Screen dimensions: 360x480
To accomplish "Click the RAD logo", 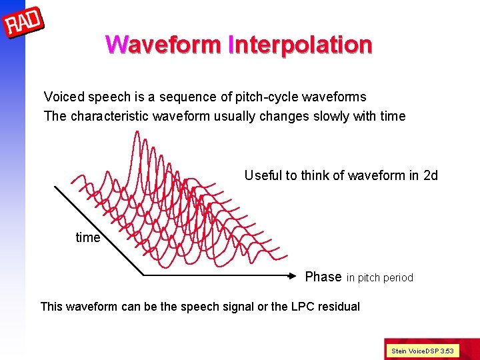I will coord(23,23).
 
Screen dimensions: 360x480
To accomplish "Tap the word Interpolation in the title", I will coord(300,45).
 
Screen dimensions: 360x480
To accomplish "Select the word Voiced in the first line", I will coord(63,97).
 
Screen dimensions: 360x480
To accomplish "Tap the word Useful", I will coord(263,175).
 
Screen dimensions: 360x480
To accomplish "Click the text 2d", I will coord(431,175).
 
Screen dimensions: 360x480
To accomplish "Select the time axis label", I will coord(87,238).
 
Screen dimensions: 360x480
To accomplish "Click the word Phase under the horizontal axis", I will coord(323,277).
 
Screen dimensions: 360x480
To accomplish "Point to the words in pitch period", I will coord(380,278).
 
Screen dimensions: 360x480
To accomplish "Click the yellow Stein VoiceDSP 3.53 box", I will coord(421,350).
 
